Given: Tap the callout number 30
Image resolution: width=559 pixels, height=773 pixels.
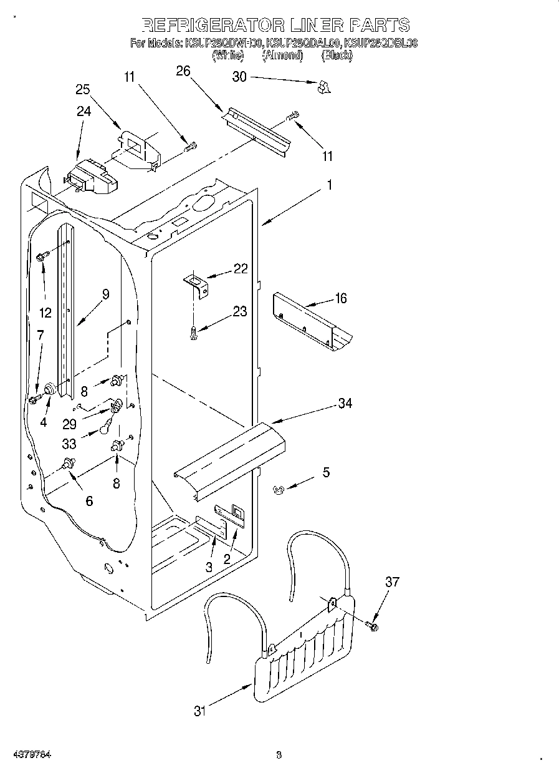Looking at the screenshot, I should click(239, 77).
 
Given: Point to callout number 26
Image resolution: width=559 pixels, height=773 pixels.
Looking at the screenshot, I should click(183, 70).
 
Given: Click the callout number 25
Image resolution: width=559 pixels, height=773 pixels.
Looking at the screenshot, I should click(83, 89).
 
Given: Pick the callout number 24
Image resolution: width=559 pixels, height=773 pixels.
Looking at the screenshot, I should click(84, 111).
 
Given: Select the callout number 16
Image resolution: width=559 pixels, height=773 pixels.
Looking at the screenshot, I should click(340, 298).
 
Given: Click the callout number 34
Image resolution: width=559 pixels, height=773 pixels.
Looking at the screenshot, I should click(345, 403).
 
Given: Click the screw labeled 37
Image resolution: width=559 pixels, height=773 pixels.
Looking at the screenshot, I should click(373, 625).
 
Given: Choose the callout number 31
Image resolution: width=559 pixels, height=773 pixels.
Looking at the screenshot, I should click(199, 710).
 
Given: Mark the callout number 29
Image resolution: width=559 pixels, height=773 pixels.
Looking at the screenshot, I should click(69, 424).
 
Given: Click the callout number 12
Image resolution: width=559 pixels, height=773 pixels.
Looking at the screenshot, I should click(45, 313).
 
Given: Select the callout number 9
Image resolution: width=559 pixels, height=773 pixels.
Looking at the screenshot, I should click(105, 294).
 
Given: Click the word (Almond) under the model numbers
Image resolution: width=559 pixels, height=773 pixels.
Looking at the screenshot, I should click(282, 56).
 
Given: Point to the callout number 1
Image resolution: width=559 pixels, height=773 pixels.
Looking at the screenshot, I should click(330, 185).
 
